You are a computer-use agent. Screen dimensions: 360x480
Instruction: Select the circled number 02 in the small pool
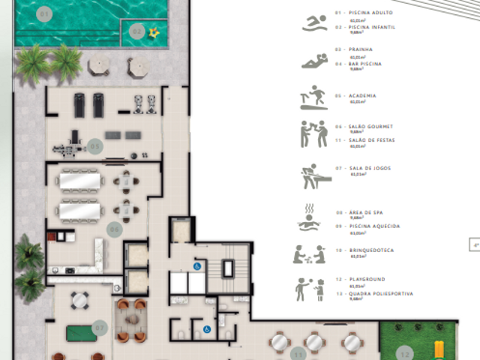[136, 31]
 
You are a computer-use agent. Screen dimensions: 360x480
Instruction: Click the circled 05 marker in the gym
[94, 145]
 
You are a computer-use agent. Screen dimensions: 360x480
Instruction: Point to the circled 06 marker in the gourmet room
[115, 229]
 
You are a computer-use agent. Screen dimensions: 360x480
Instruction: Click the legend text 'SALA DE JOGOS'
[367, 168]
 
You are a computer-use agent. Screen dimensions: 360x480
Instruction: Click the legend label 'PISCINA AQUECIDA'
[377, 226]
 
